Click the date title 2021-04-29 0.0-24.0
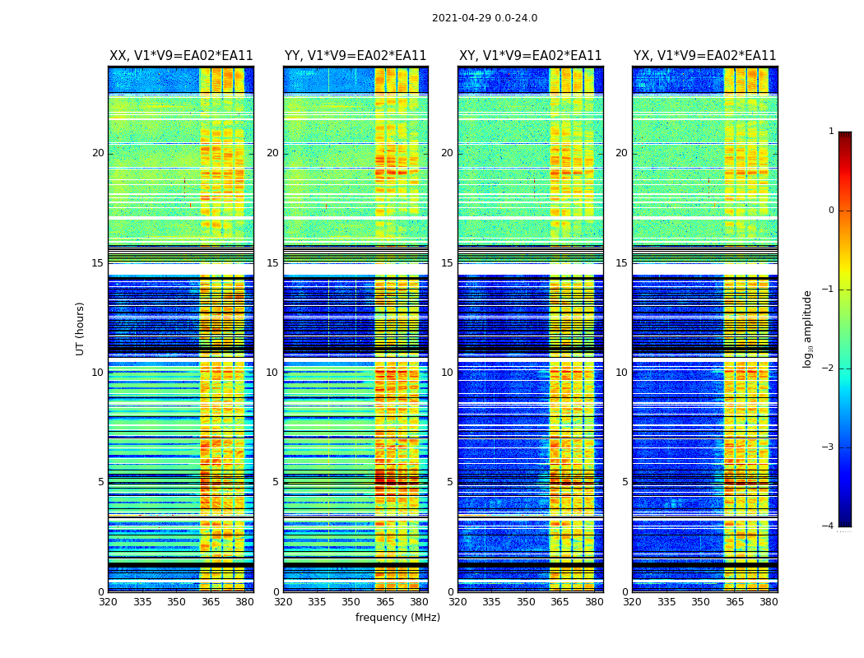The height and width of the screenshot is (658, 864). click(484, 18)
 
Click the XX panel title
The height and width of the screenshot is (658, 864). click(181, 56)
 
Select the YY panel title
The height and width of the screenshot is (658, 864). click(355, 56)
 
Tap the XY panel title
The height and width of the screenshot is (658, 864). click(530, 56)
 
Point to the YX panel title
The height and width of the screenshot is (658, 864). click(704, 56)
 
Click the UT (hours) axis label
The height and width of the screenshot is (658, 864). click(81, 328)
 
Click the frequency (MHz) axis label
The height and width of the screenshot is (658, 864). click(397, 618)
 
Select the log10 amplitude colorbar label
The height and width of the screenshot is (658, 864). click(808, 328)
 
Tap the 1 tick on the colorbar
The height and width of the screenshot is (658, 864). click(830, 132)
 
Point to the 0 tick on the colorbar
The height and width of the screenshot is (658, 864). click(830, 211)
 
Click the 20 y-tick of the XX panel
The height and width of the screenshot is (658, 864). click(98, 153)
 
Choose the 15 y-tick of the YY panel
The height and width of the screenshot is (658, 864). click(272, 263)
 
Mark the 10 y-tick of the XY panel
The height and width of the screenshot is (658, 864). click(447, 373)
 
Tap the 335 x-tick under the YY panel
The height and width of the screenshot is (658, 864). click(317, 602)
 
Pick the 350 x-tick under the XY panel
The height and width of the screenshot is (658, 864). click(526, 602)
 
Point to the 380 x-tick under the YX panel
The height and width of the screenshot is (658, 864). click(769, 602)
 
